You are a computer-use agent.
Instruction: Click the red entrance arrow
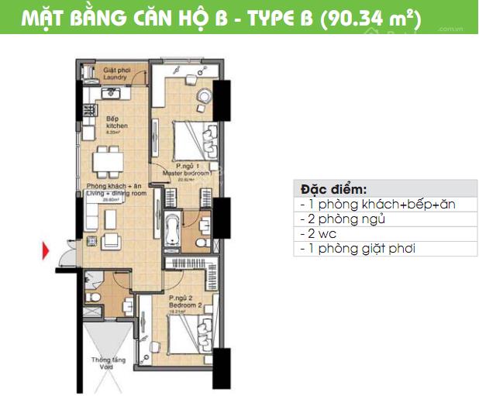tap(47, 250)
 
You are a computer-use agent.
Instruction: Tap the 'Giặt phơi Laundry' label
tap(118, 74)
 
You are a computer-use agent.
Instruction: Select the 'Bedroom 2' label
tap(184, 303)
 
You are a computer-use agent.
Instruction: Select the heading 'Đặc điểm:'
tap(334, 190)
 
